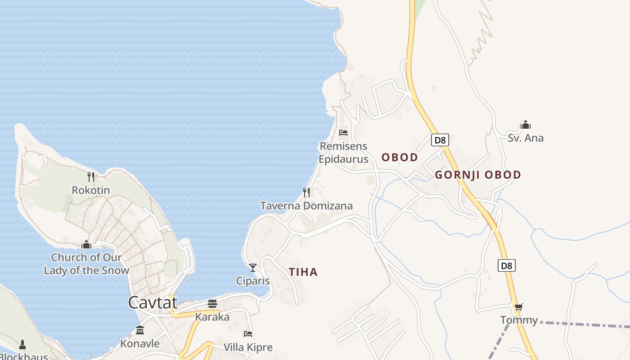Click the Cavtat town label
pyautogui.click(x=153, y=302)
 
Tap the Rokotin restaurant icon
pyautogui.click(x=91, y=176)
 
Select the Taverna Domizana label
pyautogui.click(x=306, y=206)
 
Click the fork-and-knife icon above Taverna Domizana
pyautogui.click(x=306, y=193)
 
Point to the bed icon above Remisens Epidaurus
pyautogui.click(x=343, y=133)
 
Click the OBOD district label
pyautogui.click(x=400, y=157)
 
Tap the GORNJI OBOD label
pyautogui.click(x=478, y=175)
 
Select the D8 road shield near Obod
pyautogui.click(x=440, y=140)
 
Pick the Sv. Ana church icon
pyautogui.click(x=525, y=125)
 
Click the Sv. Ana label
pyautogui.click(x=526, y=138)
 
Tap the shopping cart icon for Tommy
pyautogui.click(x=519, y=307)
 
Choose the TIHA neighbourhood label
pyautogui.click(x=303, y=272)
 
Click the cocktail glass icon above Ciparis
pyautogui.click(x=253, y=268)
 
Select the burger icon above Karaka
pyautogui.click(x=212, y=304)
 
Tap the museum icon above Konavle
pyautogui.click(x=140, y=330)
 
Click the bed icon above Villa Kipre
pyautogui.click(x=248, y=334)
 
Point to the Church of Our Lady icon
pyautogui.click(x=86, y=245)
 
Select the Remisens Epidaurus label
pyautogui.click(x=343, y=153)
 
